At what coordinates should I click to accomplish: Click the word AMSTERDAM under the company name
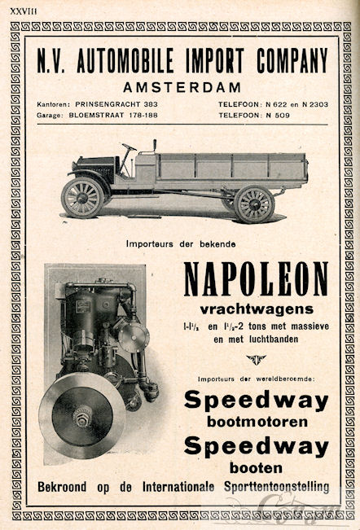pos(180,87)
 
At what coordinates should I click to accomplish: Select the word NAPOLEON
pos(256,280)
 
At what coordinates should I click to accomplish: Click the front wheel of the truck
pos(83,197)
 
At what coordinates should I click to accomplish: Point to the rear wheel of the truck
pos(253,204)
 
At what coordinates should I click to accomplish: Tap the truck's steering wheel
pos(128,149)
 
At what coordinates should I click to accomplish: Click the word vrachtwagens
pos(256,309)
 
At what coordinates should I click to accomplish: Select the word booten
pos(256,468)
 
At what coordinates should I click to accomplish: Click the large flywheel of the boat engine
pos(82,415)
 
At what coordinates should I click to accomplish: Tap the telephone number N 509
pos(287,116)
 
